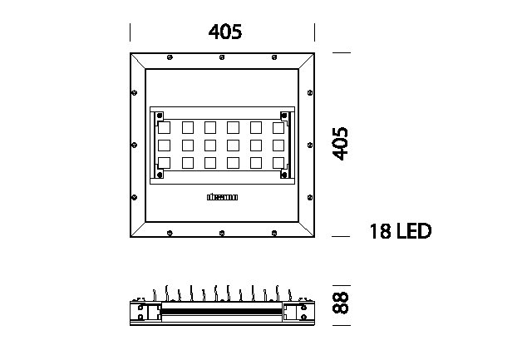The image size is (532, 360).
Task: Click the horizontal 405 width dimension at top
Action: pyautogui.click(x=225, y=32)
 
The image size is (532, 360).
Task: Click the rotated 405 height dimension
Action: pyautogui.click(x=337, y=145)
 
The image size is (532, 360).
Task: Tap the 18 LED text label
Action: pyautogui.click(x=401, y=230)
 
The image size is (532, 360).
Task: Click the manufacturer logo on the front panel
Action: pyautogui.click(x=222, y=198)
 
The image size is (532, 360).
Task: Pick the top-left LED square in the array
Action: pyautogui.click(x=164, y=127)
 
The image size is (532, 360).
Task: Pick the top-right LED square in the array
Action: pyautogui.click(x=278, y=127)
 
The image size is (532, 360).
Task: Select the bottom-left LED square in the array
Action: pyautogui.click(x=164, y=163)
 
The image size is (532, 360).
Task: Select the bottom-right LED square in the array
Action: pyautogui.click(x=278, y=163)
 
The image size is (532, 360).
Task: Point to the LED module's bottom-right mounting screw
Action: pyautogui.click(x=283, y=175)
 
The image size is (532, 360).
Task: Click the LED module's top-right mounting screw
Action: pyautogui.click(x=283, y=115)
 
